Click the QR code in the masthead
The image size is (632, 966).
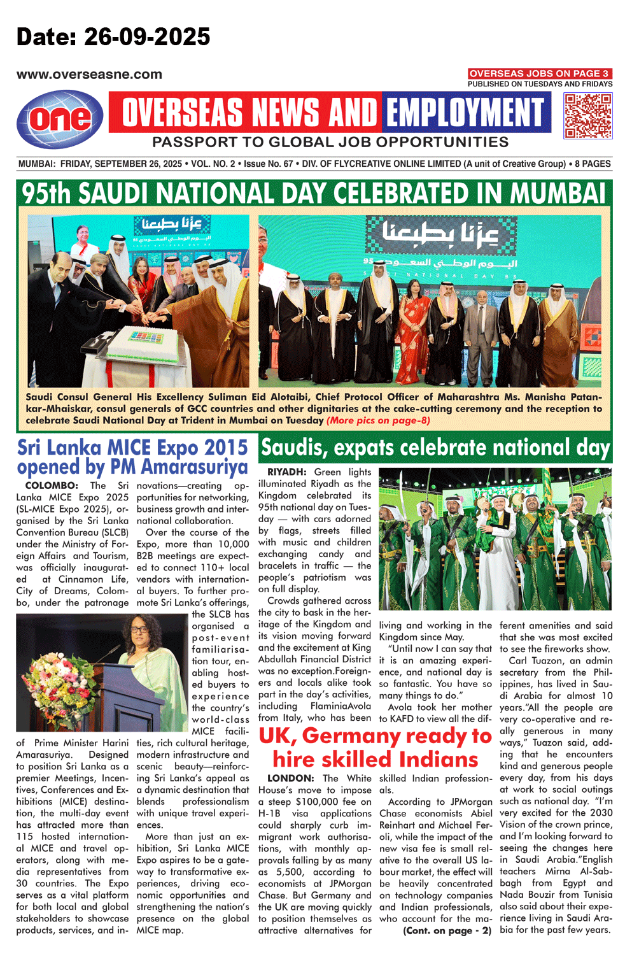pos(587,115)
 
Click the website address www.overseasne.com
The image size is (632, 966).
pos(89,75)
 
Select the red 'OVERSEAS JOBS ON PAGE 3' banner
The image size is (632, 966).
pos(539,73)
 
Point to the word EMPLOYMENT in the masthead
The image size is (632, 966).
pos(465,113)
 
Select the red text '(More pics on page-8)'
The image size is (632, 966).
pos(378,420)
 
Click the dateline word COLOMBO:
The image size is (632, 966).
pos(52,485)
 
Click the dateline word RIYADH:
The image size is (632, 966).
pos(286,472)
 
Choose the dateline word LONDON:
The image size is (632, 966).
pos(290,778)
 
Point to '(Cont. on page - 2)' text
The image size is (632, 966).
pos(447,930)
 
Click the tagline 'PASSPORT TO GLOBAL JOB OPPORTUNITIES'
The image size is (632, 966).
pos(330,142)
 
